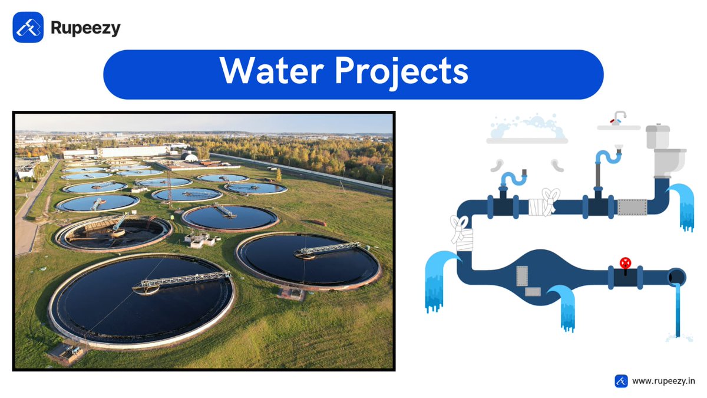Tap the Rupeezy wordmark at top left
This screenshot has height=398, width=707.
[85, 28]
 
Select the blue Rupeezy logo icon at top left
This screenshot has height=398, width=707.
[28, 27]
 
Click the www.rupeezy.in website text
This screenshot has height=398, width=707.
[663, 381]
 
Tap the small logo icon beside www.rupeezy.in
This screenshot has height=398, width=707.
[621, 381]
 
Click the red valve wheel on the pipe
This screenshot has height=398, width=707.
[625, 263]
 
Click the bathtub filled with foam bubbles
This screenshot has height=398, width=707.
[527, 131]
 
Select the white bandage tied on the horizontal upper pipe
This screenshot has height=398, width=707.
[543, 203]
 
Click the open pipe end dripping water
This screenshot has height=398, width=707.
[676, 277]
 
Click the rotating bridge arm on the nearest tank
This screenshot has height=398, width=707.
[183, 280]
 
